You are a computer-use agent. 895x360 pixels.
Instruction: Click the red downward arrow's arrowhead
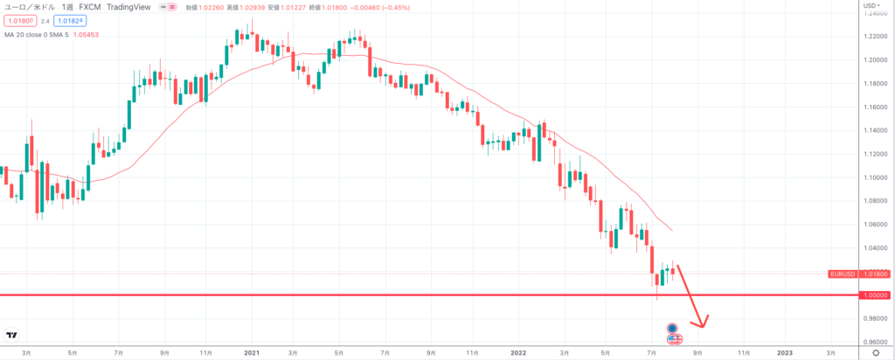coord(702,322)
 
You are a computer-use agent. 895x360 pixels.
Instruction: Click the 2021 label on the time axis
coord(252,352)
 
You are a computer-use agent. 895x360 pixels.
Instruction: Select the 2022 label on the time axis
coord(518,352)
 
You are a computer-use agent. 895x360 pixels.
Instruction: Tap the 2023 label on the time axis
coord(785,352)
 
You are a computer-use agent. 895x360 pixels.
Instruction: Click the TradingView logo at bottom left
coord(11,335)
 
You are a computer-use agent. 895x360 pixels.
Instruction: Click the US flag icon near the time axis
coord(675,338)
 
